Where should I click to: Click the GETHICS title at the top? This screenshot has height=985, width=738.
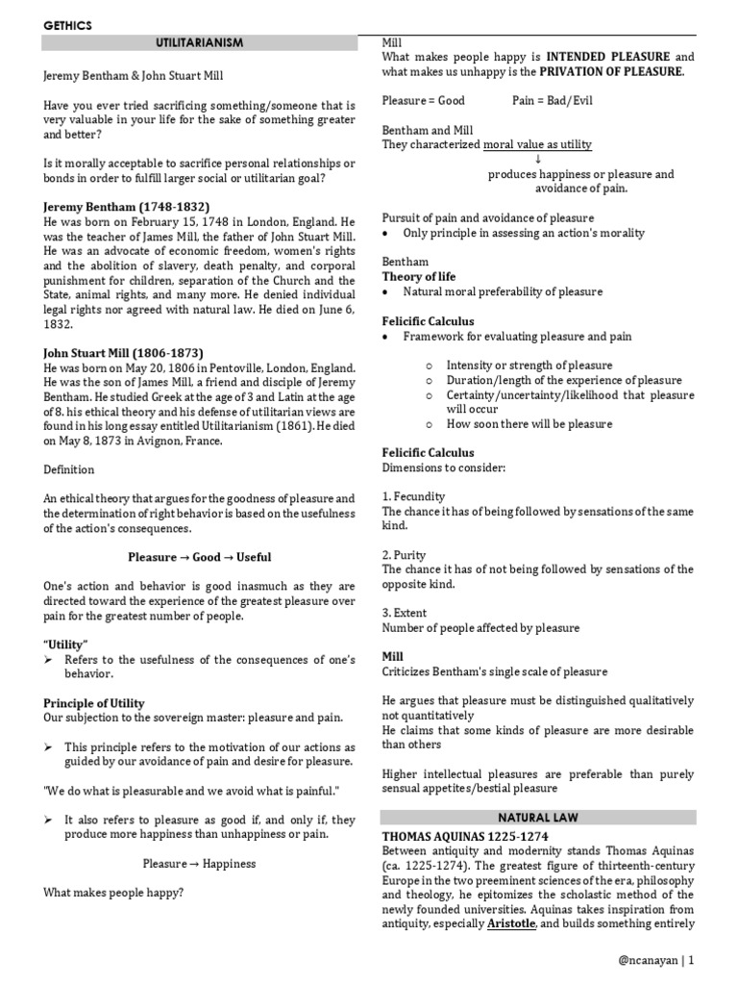pos(67,26)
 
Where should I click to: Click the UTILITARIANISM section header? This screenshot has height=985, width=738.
pos(199,43)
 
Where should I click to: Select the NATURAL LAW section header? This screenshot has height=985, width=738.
pos(537,818)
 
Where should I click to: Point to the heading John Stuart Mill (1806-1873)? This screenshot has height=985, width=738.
pos(123,353)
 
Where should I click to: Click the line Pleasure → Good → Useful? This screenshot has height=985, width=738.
pos(199,557)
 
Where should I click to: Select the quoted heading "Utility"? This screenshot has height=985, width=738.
pos(65,643)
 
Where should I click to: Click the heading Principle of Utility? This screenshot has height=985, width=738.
pos(94,703)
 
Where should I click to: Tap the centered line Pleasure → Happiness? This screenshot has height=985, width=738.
pos(199,863)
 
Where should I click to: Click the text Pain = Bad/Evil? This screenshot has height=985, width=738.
pos(543,100)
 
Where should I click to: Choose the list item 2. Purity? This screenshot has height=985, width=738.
pos(405,555)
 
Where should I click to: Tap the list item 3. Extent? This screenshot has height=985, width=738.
pos(405,613)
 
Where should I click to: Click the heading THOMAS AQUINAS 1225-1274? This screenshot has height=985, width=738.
pos(465,836)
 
